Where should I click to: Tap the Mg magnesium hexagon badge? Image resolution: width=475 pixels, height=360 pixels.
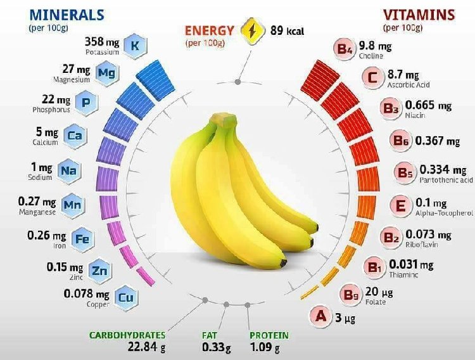(x=106, y=73)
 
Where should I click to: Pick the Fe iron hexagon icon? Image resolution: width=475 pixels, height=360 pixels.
(x=82, y=239)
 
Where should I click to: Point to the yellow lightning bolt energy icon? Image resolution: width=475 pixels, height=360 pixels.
(x=255, y=30)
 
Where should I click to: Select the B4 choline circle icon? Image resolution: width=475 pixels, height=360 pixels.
(x=345, y=48)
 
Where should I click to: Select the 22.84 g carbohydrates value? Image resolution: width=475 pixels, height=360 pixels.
(x=145, y=347)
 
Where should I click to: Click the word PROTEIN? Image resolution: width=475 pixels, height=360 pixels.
(x=269, y=335)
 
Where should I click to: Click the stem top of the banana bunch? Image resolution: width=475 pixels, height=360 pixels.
(x=223, y=119)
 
